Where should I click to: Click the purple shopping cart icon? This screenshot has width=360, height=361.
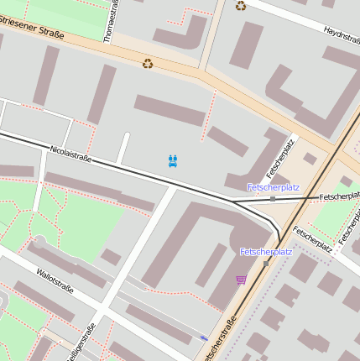coord(242,280)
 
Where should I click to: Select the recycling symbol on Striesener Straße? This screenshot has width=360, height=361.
coord(148,63)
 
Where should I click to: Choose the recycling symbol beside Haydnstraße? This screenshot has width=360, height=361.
coord(242,6)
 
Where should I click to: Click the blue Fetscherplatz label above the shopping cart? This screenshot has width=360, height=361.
coord(266,251)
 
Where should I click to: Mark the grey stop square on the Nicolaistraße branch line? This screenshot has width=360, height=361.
coord(273,199)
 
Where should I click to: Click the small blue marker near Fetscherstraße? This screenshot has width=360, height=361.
coord(204,337)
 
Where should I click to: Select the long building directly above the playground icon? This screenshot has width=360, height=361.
coord(170,110)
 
